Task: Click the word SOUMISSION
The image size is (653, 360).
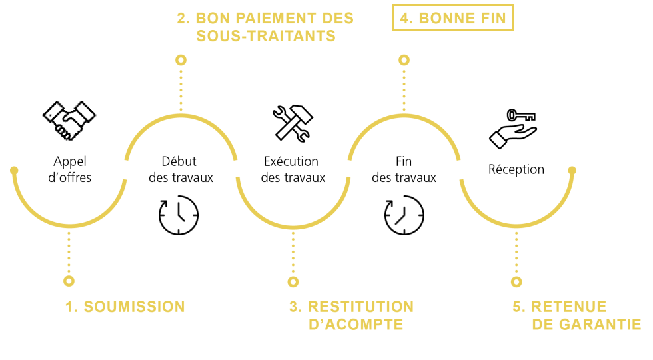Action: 134,307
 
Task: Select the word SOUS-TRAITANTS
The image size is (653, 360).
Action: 265,36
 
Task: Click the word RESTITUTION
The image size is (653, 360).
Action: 360,307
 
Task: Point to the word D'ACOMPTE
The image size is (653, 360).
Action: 356,325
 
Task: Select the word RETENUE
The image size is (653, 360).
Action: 568,307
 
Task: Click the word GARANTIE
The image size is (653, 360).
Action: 601,325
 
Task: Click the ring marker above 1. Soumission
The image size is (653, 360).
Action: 69,281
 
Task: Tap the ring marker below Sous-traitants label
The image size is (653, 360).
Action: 181,60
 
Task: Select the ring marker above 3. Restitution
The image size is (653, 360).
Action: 293,282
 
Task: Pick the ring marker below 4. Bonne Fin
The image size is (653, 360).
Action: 404,60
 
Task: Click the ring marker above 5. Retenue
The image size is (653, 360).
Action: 516,282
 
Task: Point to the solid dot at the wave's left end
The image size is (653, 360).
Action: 14,170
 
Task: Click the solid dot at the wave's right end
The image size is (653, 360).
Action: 572,170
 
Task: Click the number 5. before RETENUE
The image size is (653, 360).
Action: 519,307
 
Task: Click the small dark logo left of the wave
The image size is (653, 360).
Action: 68,120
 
